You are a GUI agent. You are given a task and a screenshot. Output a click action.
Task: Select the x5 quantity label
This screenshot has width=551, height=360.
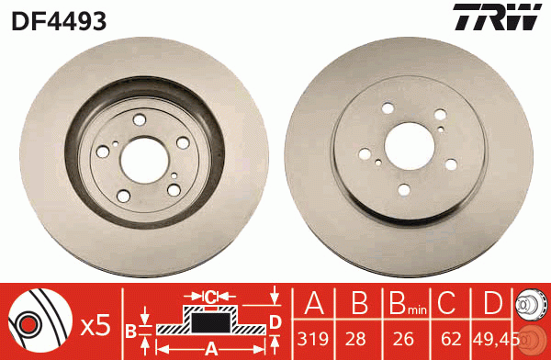click(96, 325)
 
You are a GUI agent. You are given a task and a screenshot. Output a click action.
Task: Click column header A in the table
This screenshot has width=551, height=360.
click(314, 303)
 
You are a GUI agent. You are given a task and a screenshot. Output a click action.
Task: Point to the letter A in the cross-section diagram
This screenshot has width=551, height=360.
click(210, 349)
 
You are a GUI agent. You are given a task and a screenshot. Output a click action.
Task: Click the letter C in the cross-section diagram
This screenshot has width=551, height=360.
click(210, 297)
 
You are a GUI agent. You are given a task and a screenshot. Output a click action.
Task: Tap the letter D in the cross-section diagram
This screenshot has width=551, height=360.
click(275, 321)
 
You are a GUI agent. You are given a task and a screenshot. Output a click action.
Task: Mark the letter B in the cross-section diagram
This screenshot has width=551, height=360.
click(131, 330)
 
